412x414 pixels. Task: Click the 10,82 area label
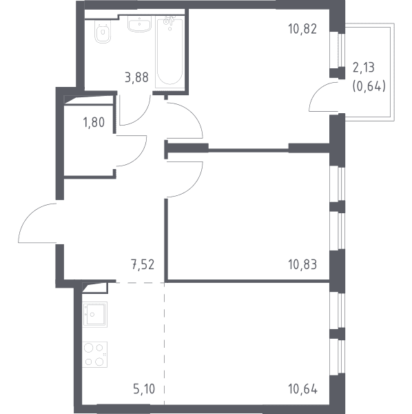[302, 29]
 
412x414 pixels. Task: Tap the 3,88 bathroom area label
[136, 77]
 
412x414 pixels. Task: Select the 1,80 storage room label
[94, 123]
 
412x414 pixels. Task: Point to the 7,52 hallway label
[143, 264]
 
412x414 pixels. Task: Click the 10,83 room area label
[302, 264]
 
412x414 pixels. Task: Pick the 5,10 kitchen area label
[144, 389]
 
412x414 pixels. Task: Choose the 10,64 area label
[303, 389]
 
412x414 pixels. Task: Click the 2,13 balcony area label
[364, 68]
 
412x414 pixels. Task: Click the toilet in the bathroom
[103, 31]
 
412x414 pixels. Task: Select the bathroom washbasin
[139, 23]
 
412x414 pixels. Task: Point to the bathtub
[169, 52]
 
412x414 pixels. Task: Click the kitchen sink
[95, 315]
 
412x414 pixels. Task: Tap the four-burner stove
[95, 355]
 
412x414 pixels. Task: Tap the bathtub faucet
[169, 21]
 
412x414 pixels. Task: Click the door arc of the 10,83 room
[194, 188]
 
